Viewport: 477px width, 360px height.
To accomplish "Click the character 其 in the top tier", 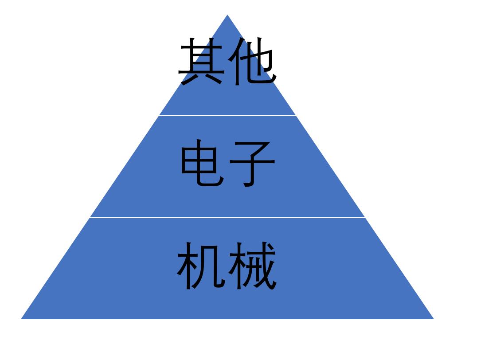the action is point(201,61).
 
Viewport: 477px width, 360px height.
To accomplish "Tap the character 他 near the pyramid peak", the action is point(252,61).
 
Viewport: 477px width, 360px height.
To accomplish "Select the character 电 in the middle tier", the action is point(203,163).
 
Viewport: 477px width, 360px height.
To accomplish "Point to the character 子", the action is point(252,164).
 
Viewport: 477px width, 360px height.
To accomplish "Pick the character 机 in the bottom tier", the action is point(201,266).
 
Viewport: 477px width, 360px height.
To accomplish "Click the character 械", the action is point(253,266).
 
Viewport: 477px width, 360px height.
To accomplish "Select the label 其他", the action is point(227,61).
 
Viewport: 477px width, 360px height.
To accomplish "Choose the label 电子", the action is point(228,163).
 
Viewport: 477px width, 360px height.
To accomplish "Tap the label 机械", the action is point(227,266).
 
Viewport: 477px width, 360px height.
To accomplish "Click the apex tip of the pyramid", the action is point(227,15).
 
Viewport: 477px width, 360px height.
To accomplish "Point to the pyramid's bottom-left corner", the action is point(21,319).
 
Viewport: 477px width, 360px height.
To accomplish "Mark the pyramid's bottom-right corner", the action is point(434,319).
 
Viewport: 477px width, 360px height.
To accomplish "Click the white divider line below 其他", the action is point(227,116).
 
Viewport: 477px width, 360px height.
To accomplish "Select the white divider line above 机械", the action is point(227,218).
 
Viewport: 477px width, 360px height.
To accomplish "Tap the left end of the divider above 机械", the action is point(90,218).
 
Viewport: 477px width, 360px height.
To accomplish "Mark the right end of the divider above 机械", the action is point(365,218).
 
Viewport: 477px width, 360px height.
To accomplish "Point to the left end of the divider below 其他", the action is point(159,116).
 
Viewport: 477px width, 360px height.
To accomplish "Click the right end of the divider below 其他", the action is point(296,116).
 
